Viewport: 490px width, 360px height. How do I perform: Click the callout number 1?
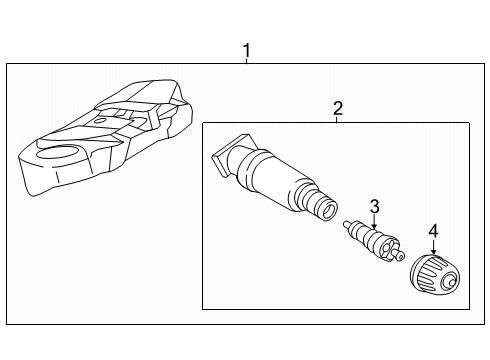[246, 51]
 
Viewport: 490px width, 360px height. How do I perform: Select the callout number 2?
[338, 108]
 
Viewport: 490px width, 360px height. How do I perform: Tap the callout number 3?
[375, 207]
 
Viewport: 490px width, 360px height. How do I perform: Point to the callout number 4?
[433, 231]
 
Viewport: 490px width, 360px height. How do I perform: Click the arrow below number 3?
[375, 222]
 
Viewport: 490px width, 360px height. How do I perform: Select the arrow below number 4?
[433, 247]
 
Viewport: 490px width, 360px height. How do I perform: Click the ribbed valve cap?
[435, 275]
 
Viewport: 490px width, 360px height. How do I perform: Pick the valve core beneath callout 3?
[374, 240]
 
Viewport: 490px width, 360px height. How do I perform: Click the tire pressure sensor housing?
[106, 137]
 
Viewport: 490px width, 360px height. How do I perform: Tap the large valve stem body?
[274, 177]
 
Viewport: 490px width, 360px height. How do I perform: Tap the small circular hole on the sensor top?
[99, 121]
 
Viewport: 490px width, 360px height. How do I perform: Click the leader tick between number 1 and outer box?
[246, 61]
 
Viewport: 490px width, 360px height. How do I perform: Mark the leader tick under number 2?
[337, 119]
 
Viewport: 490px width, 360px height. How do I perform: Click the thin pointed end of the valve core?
[348, 224]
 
